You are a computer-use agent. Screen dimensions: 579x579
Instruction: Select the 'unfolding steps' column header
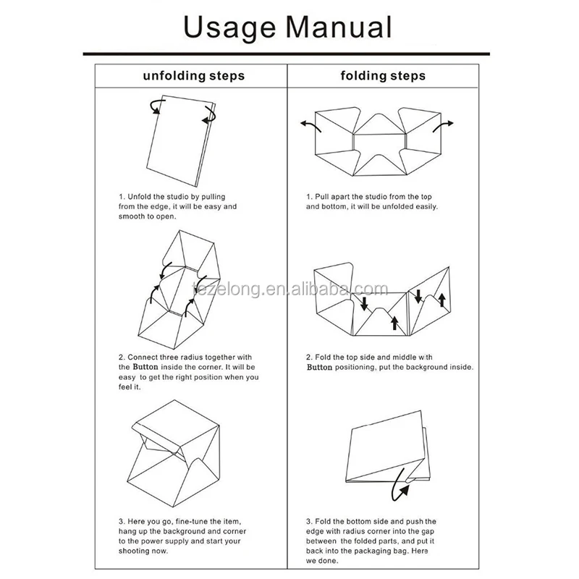[193, 75]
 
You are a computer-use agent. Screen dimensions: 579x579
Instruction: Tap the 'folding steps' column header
[384, 75]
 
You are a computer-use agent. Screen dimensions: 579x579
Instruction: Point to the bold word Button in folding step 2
[319, 367]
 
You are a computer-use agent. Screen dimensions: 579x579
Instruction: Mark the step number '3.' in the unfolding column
[122, 521]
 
